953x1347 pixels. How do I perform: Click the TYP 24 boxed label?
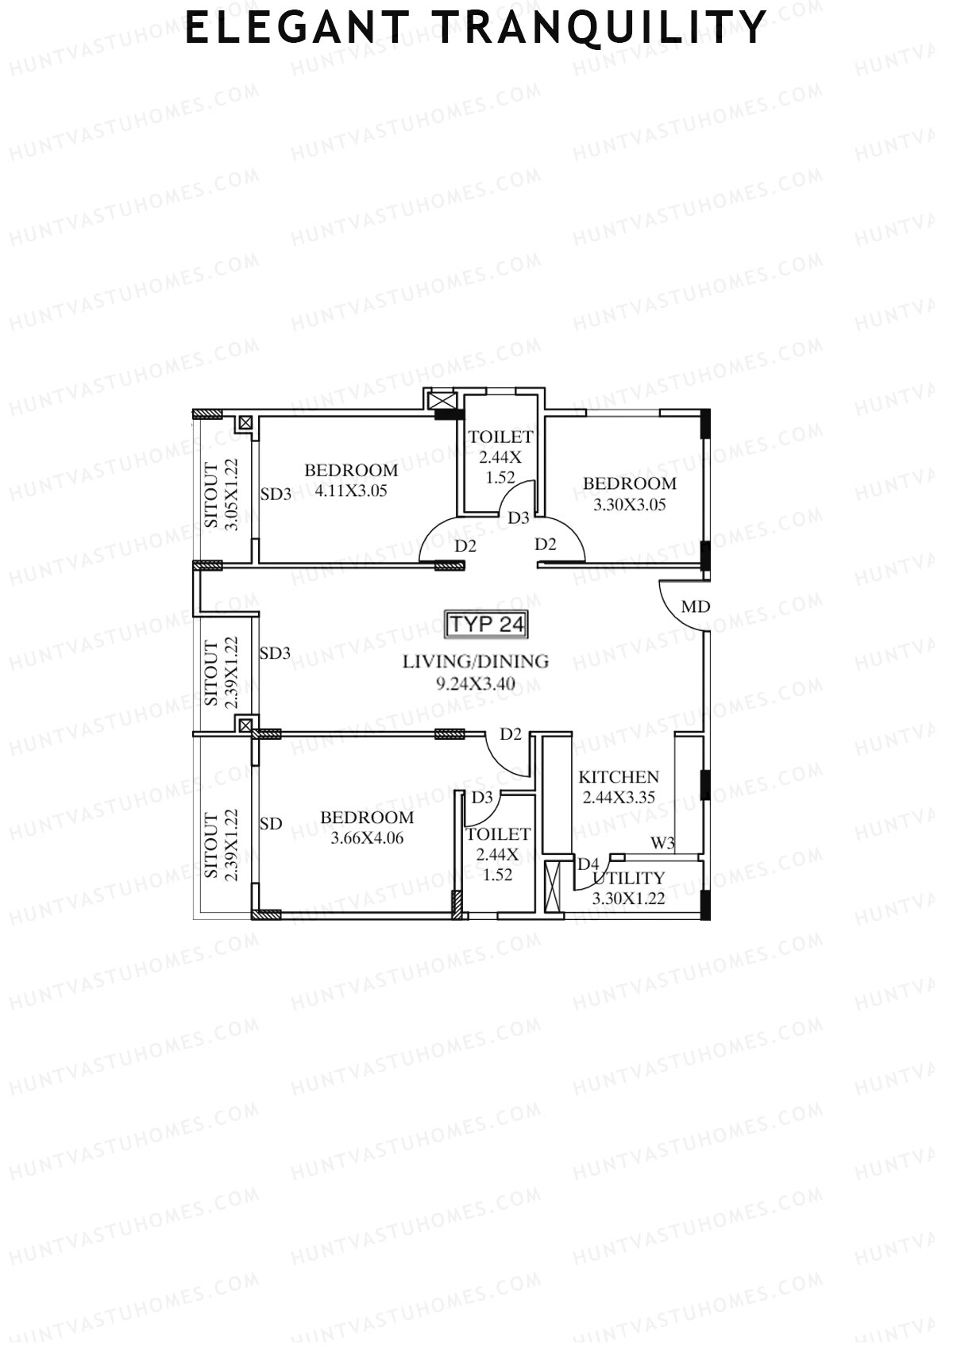tap(487, 625)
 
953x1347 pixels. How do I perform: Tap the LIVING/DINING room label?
tap(476, 661)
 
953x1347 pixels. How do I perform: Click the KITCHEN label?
tap(619, 777)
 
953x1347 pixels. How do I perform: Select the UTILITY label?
tap(628, 879)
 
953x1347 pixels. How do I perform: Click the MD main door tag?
tap(696, 607)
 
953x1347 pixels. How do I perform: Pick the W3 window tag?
tap(663, 843)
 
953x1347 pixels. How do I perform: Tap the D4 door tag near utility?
tap(588, 864)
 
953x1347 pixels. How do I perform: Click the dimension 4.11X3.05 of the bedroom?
tap(351, 491)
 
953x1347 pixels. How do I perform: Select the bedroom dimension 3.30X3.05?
tap(630, 504)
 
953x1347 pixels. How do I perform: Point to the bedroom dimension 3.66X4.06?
tap(367, 837)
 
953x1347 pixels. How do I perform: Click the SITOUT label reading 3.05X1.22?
tap(222, 495)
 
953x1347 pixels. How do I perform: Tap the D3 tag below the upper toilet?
tap(519, 518)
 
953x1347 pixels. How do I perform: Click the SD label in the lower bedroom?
tap(271, 824)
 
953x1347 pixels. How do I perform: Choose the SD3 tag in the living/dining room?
tap(275, 653)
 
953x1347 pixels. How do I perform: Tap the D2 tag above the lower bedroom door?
tap(511, 734)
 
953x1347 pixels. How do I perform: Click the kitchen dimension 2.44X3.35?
tap(619, 798)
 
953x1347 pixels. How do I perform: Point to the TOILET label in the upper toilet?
tap(500, 437)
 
